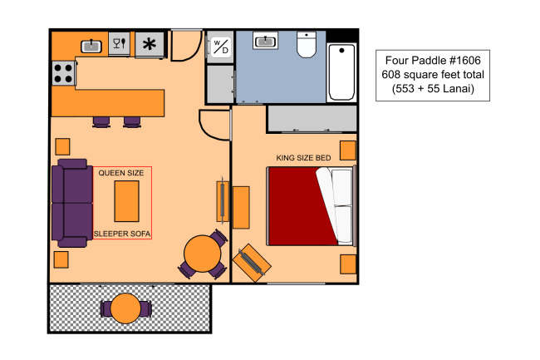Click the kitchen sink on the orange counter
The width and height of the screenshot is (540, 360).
pyautogui.click(x=91, y=47)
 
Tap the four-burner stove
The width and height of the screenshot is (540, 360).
pyautogui.click(x=64, y=73)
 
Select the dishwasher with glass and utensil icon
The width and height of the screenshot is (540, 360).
pyautogui.click(x=119, y=43)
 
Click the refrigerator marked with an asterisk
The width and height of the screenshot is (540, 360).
pyautogui.click(x=150, y=44)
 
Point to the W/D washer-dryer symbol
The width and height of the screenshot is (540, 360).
pyautogui.click(x=221, y=47)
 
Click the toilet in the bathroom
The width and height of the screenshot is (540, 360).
pyautogui.click(x=307, y=45)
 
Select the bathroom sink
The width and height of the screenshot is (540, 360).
pyautogui.click(x=265, y=41)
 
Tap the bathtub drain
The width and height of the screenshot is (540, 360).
pyautogui.click(x=341, y=50)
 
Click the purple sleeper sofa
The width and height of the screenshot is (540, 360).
pyautogui.click(x=72, y=203)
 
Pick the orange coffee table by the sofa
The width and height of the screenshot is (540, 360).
pyautogui.click(x=127, y=201)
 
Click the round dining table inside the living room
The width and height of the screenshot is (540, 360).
pyautogui.click(x=202, y=254)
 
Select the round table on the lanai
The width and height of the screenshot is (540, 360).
pyautogui.click(x=125, y=308)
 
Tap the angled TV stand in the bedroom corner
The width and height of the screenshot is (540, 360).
pyautogui.click(x=252, y=263)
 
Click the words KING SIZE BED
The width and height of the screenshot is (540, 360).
pyautogui.click(x=303, y=158)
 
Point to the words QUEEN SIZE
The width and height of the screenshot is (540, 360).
pyautogui.click(x=121, y=173)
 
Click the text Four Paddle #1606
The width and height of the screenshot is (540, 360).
pyautogui.click(x=433, y=61)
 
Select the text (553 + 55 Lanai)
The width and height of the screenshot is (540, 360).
pyautogui.click(x=433, y=89)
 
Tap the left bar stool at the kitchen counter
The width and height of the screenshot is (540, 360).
pyautogui.click(x=101, y=122)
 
